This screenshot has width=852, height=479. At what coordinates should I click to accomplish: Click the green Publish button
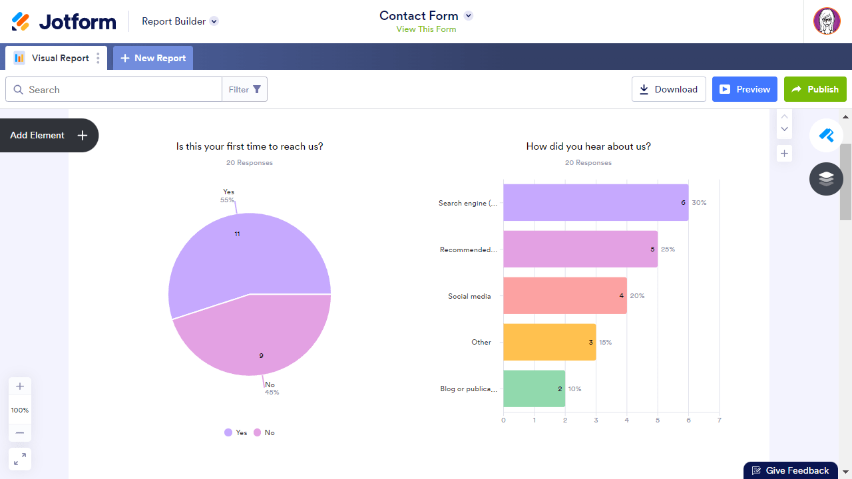click(815, 89)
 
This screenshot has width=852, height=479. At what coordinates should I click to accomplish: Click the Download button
click(668, 89)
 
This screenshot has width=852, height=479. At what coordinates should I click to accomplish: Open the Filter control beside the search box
click(244, 89)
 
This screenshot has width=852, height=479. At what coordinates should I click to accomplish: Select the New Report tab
click(153, 58)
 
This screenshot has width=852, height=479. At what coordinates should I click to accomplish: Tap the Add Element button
click(49, 135)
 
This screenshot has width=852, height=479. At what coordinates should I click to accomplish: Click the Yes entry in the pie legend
click(236, 432)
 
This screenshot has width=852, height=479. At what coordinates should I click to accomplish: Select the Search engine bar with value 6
click(595, 202)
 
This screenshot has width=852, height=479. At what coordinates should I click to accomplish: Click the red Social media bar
click(564, 295)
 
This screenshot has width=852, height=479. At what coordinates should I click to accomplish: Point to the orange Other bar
click(549, 342)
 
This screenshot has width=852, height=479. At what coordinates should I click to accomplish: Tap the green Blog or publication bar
click(534, 389)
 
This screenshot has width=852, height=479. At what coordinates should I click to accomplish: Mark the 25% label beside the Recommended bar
click(668, 249)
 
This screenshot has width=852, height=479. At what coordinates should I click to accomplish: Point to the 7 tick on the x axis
click(719, 420)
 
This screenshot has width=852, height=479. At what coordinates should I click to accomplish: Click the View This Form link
click(426, 29)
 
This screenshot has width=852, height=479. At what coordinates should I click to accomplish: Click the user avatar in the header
click(827, 21)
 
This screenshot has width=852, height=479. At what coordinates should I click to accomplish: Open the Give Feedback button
click(790, 470)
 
